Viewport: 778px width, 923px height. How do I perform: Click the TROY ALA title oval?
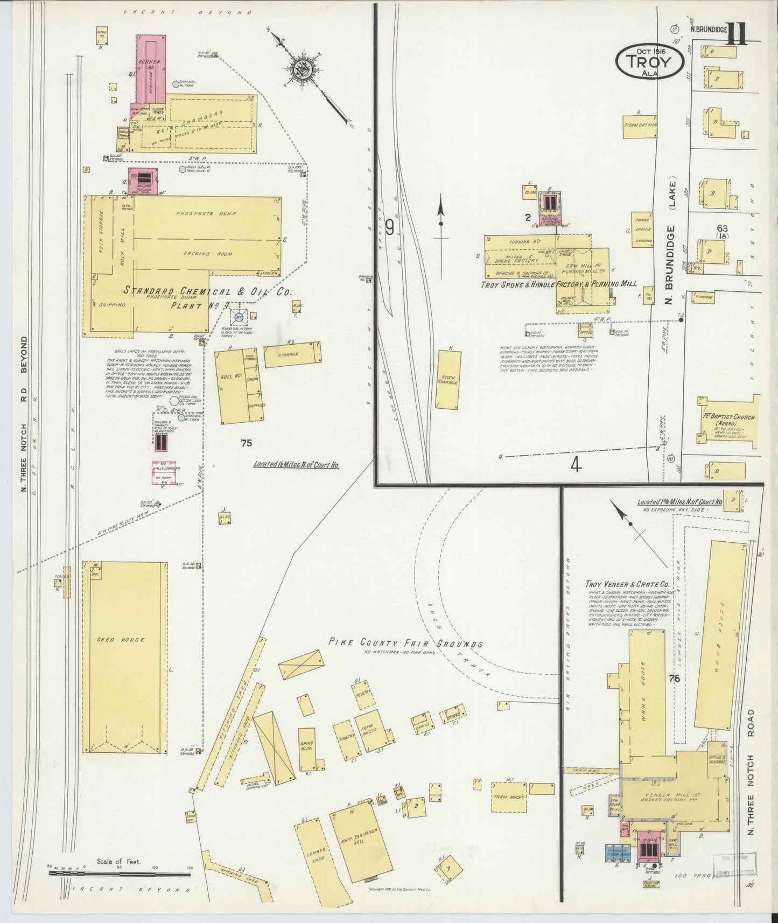pyautogui.click(x=650, y=60)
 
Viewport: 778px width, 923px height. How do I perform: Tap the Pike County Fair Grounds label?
pyautogui.click(x=406, y=644)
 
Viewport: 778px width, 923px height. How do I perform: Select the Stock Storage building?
pyautogui.click(x=448, y=379)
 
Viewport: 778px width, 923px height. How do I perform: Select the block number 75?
pyautogui.click(x=247, y=443)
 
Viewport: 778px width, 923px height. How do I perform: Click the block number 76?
pyautogui.click(x=674, y=679)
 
